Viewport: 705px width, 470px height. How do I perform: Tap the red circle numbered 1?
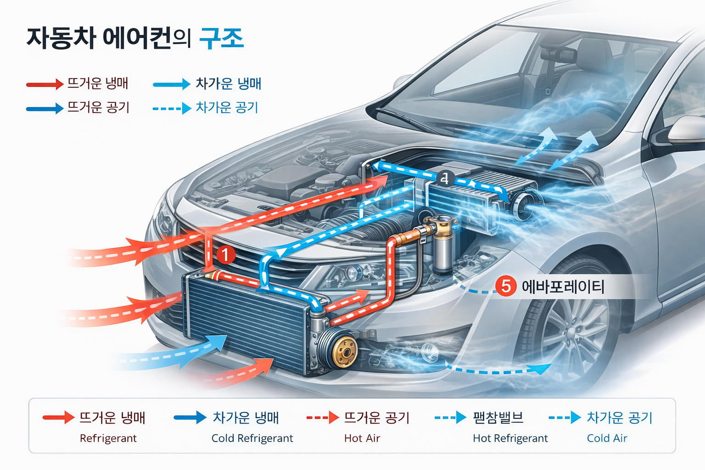click(x=225, y=254)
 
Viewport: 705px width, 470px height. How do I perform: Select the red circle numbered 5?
click(x=506, y=286)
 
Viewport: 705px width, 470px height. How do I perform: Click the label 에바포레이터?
click(x=563, y=287)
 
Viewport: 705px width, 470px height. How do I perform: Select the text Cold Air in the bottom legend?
click(x=607, y=438)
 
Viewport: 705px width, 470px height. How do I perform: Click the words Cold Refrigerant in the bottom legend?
click(x=252, y=438)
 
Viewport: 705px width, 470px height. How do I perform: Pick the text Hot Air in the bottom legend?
click(x=362, y=438)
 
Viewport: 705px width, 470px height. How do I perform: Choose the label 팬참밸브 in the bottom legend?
click(x=498, y=418)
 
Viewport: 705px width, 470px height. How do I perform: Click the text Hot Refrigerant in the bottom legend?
click(x=510, y=438)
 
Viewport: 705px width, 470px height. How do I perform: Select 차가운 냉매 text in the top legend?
click(x=228, y=84)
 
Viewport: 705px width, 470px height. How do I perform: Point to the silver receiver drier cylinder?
click(x=443, y=248)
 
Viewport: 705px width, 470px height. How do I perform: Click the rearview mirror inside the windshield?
click(x=558, y=55)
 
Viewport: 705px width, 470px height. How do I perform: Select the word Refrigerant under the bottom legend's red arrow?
click(x=108, y=438)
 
